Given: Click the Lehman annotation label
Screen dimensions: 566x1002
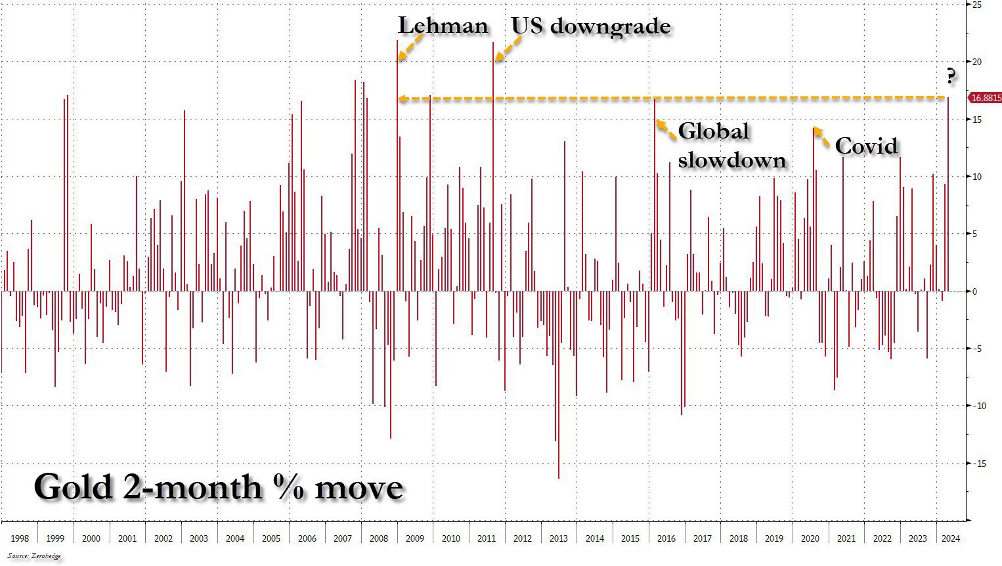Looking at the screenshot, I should [443, 26].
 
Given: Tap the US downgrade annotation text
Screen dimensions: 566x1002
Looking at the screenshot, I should [591, 26].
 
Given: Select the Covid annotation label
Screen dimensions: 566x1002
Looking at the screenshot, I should [866, 145].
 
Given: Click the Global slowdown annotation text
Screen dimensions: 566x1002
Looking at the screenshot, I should [731, 145].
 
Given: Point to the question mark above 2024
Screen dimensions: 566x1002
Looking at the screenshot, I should [950, 77].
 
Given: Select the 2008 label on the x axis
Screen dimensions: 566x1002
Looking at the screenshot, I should [378, 538].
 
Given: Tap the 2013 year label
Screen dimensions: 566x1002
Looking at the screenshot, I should [558, 538].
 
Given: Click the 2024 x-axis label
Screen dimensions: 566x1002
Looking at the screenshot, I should [950, 538].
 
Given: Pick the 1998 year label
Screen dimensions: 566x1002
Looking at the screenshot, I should [20, 538].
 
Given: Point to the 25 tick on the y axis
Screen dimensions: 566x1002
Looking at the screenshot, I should [977, 5].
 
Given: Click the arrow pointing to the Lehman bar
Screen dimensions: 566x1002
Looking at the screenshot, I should [410, 47].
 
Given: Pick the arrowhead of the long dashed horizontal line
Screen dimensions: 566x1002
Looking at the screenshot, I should [403, 99].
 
